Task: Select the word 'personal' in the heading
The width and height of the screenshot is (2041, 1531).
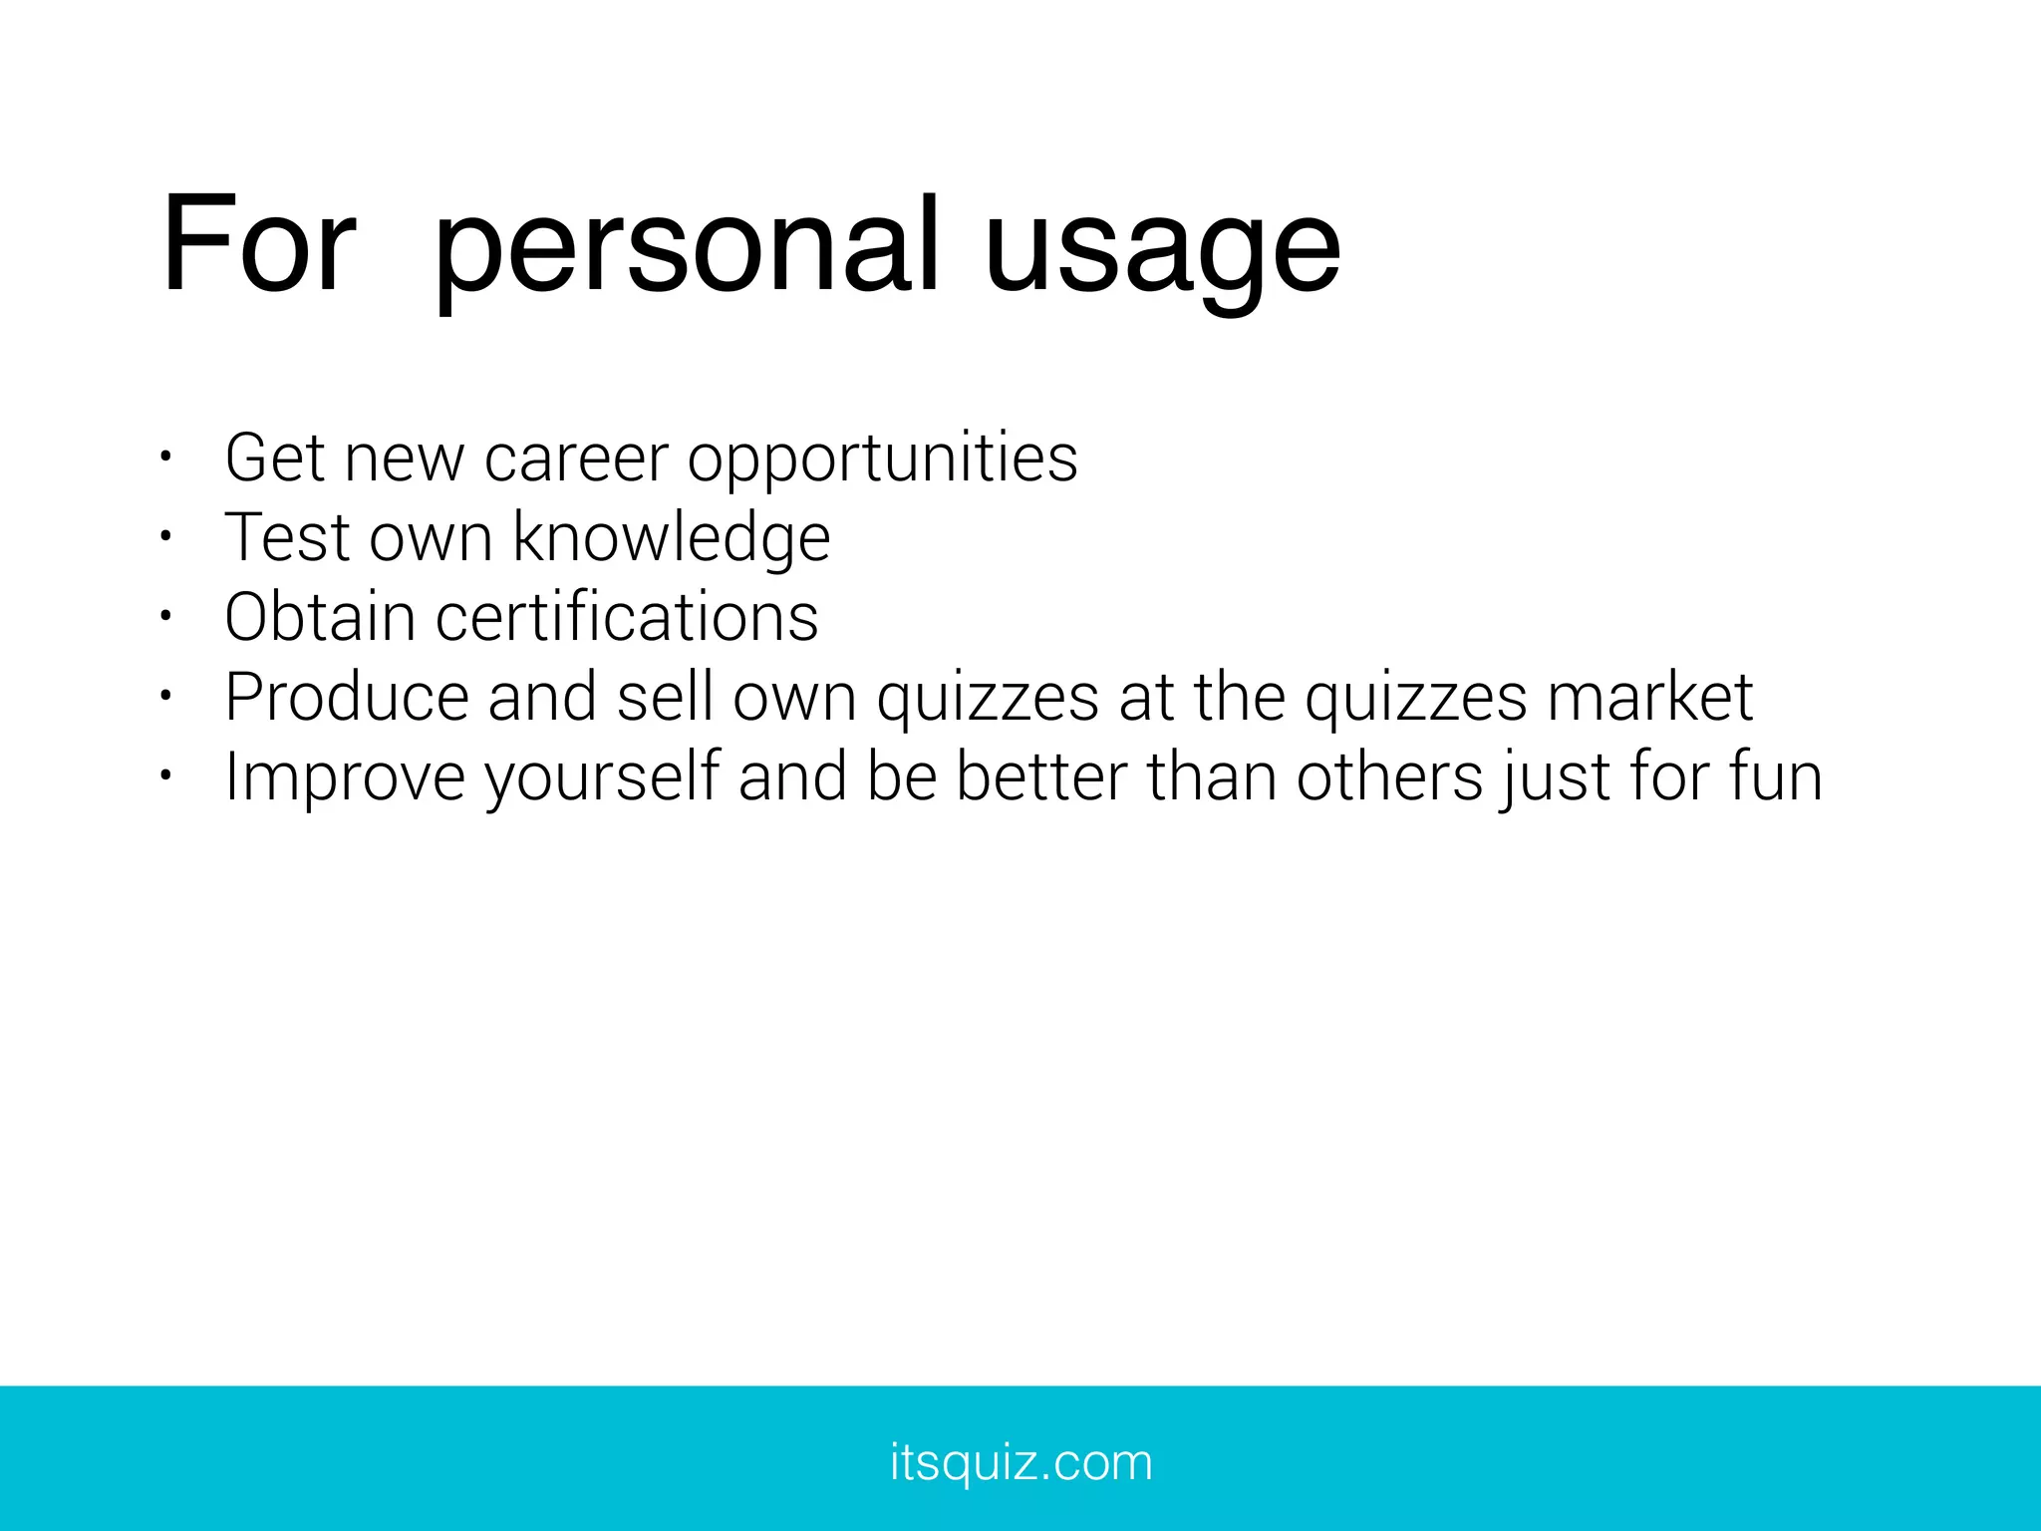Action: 687,249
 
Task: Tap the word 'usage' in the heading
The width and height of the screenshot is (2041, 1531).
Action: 1162,249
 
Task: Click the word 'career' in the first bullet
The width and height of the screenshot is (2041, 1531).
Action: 576,459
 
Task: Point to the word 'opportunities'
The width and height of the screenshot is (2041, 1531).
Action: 882,460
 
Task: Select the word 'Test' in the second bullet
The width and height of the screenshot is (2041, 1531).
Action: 287,538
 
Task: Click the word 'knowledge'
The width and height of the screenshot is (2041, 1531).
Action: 671,538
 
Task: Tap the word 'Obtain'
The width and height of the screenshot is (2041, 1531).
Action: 319,617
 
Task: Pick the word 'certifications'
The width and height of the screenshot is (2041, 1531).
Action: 627,617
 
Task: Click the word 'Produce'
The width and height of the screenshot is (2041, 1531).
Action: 346,697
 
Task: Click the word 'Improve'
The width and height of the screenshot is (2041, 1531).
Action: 345,777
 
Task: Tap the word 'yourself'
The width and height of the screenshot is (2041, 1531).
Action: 602,777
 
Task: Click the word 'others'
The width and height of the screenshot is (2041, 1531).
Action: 1389,776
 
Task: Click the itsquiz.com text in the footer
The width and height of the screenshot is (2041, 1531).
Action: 1020,1463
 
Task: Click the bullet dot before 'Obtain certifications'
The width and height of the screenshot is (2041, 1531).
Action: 165,617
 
